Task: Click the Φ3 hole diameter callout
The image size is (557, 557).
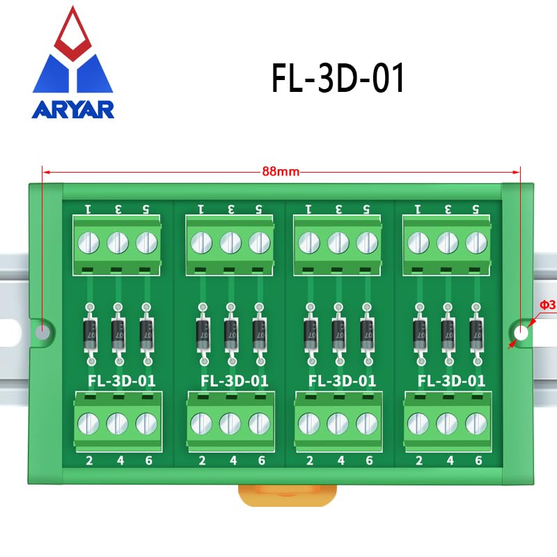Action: pos(547,305)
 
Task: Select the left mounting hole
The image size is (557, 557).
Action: pos(43,332)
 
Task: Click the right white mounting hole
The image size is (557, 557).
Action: pos(521,333)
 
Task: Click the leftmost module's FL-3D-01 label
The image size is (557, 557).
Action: pos(122,381)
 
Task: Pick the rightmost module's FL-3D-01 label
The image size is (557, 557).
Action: pos(451,381)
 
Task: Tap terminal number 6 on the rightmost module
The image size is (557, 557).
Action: pos(478,460)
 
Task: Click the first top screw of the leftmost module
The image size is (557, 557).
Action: pos(88,243)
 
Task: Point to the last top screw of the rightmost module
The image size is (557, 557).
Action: pos(476,243)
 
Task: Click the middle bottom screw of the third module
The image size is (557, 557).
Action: pos(338,423)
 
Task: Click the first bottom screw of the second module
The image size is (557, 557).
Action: pos(201,423)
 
